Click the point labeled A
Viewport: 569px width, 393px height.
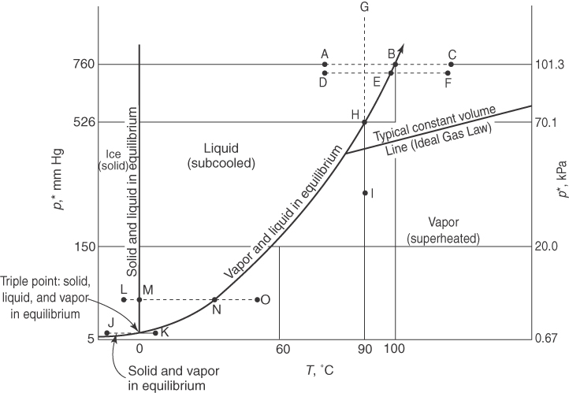(325, 65)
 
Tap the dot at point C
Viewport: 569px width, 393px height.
(452, 65)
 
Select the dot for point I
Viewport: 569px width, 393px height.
(365, 192)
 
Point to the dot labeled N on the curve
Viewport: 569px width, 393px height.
(215, 299)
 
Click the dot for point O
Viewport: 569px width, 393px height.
(258, 299)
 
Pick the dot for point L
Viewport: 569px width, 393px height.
(124, 299)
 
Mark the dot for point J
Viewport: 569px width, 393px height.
(107, 332)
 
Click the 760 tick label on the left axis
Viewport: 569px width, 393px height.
(85, 65)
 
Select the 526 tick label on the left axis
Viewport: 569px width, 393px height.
(85, 122)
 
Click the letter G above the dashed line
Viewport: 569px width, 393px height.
(364, 7)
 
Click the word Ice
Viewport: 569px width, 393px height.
(112, 154)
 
